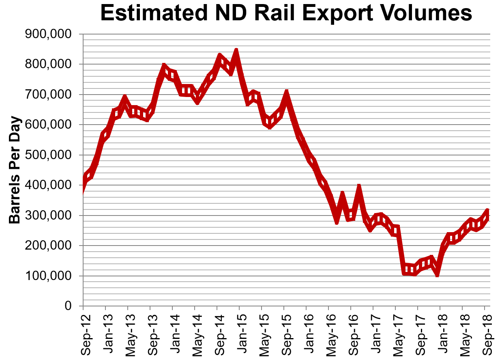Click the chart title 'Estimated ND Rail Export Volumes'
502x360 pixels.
coord(286,13)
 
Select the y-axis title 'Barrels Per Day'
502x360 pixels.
coord(15,170)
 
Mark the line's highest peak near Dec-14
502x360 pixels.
coord(236,51)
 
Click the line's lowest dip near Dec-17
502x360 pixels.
coord(437,275)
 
